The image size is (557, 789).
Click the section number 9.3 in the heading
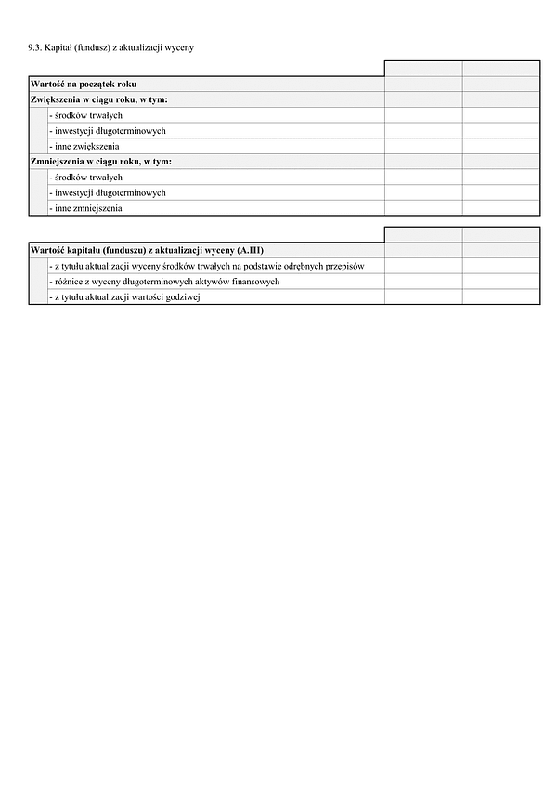pos(34,46)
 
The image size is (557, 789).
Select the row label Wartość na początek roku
pos(84,85)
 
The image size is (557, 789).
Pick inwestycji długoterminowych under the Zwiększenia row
pos(107,131)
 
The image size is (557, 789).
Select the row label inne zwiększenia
pos(84,147)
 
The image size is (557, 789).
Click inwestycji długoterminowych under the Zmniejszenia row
pos(107,192)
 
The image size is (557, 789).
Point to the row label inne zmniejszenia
pos(85,208)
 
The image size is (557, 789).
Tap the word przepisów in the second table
pos(343,266)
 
